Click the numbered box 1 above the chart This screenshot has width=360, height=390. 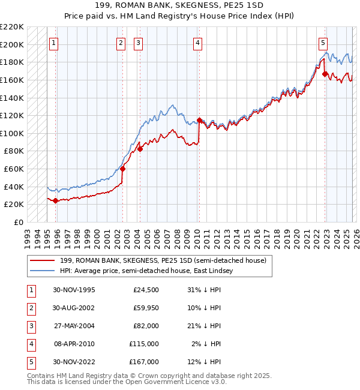[54, 43]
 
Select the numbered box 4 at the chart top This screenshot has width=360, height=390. [197, 43]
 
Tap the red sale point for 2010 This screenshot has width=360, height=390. [199, 120]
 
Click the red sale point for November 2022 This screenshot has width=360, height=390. [325, 74]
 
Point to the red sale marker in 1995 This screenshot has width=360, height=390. [55, 200]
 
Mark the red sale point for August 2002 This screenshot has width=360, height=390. [122, 169]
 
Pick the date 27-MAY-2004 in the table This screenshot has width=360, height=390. [73, 326]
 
